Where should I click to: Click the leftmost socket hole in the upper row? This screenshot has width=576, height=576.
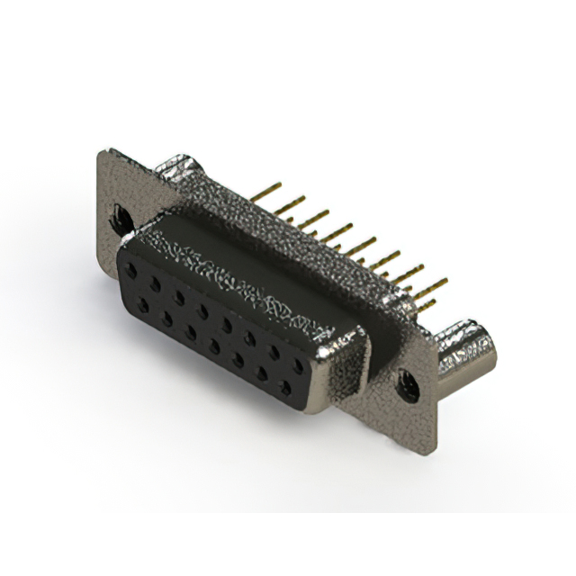[133, 268]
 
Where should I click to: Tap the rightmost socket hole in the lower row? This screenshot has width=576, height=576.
[286, 388]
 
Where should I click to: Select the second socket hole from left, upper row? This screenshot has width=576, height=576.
[157, 282]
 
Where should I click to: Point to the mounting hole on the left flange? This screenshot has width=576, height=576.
[118, 217]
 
